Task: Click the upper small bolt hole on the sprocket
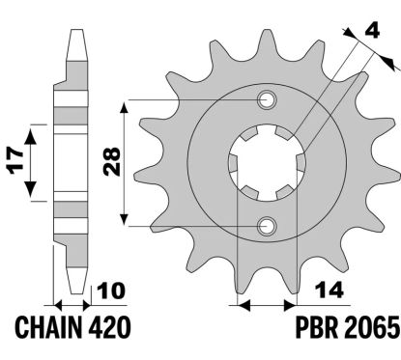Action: tap(268, 100)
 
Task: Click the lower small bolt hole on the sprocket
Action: tap(268, 226)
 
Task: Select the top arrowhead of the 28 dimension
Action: tap(128, 105)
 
